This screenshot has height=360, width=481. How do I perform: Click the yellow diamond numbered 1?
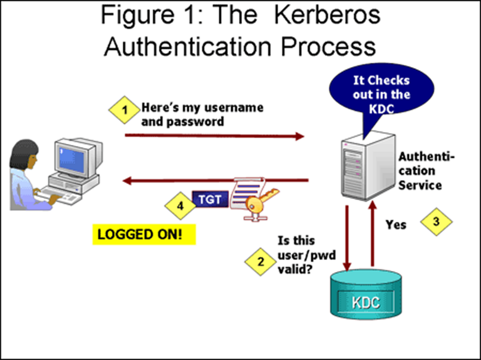(x=125, y=109)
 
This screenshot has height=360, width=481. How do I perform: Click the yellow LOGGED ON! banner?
(x=144, y=234)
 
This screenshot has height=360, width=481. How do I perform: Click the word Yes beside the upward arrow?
(x=396, y=225)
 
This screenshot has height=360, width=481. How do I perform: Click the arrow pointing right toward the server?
(x=214, y=136)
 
